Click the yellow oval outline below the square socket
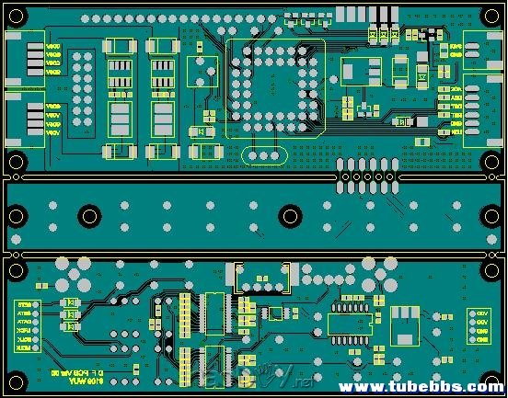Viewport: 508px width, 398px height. (x=262, y=155)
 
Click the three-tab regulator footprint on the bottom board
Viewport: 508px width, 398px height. (x=403, y=325)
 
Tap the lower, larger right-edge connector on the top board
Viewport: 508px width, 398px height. (x=480, y=107)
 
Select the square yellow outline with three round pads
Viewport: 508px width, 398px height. (x=202, y=72)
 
